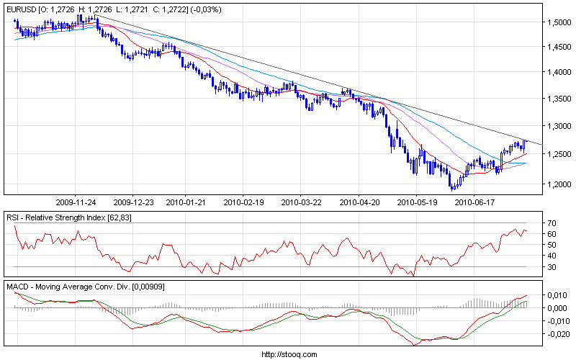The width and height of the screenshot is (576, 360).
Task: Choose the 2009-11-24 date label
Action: click(75, 202)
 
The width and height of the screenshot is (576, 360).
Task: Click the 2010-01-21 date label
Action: click(186, 202)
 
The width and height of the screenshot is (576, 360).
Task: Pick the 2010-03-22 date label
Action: click(300, 202)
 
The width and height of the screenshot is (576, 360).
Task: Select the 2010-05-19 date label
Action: click(417, 202)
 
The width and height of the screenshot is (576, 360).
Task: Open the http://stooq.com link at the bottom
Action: click(288, 354)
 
